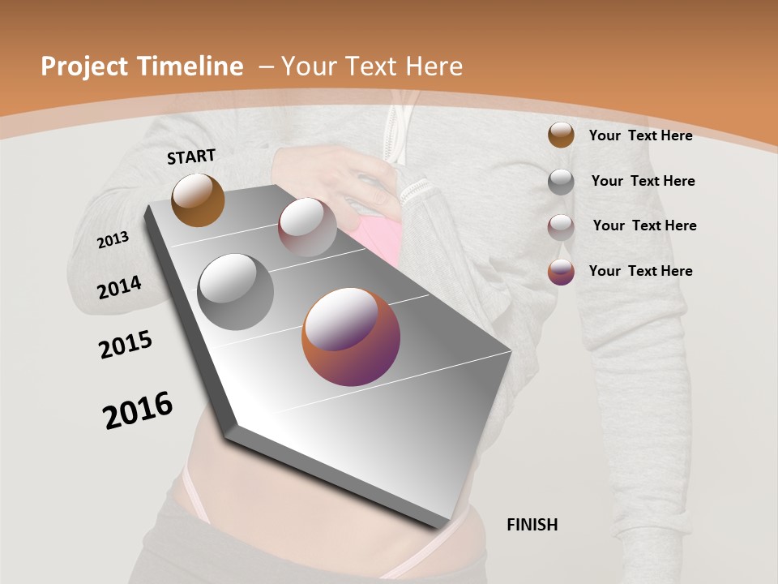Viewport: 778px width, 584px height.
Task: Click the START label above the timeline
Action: point(191,157)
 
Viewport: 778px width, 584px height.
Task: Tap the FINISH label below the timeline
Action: point(532,525)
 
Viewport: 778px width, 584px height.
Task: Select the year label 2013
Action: point(113,240)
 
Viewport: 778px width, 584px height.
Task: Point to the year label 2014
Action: point(120,288)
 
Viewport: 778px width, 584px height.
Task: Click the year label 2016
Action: point(138,410)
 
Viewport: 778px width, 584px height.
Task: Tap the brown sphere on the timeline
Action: point(198,200)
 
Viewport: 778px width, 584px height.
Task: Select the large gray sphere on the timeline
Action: point(236,292)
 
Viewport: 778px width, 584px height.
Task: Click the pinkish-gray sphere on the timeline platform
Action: point(307,227)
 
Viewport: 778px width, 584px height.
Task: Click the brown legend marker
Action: point(561,135)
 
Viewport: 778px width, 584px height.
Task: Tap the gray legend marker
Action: point(561,182)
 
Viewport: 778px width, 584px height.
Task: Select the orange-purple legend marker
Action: point(561,272)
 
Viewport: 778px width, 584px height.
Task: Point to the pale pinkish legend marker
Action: point(561,227)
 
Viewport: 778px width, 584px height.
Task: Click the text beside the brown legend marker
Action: point(640,135)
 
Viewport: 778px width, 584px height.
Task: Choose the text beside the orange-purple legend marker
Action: point(640,271)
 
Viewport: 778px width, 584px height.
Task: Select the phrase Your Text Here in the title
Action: point(371,67)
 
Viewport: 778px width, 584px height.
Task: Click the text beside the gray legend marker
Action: point(643,181)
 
